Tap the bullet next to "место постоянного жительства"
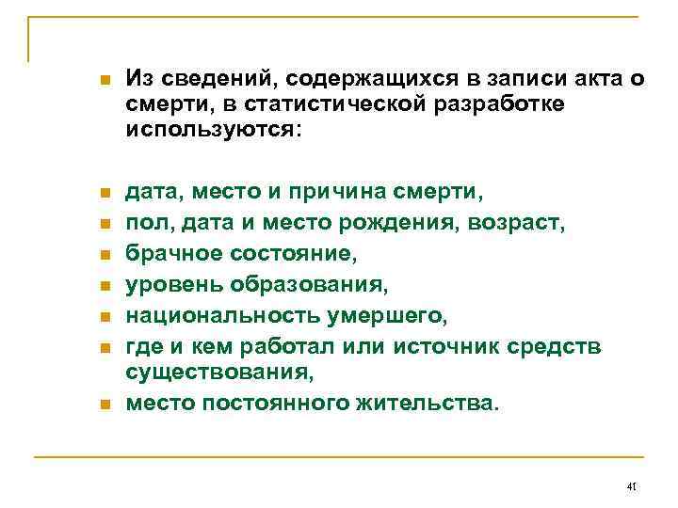(105, 405)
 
